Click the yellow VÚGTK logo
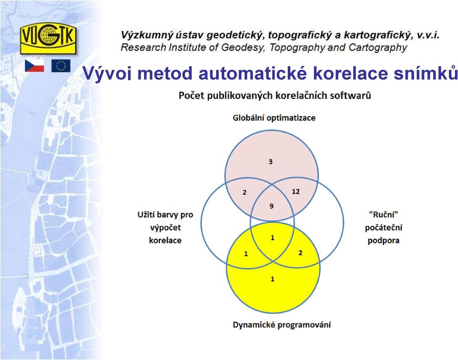[x=48, y=38]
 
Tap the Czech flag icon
[x=34, y=66]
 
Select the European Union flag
[x=61, y=66]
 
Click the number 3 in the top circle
[x=271, y=161]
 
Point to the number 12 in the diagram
[x=296, y=191]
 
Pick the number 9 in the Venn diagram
[x=271, y=206]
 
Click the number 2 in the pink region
[x=244, y=192]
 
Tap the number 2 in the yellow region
[x=300, y=253]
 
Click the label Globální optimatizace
[x=274, y=118]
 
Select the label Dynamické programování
[x=282, y=325]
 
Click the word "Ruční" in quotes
[x=384, y=215]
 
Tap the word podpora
[x=384, y=241]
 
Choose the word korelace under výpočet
[x=166, y=240]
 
